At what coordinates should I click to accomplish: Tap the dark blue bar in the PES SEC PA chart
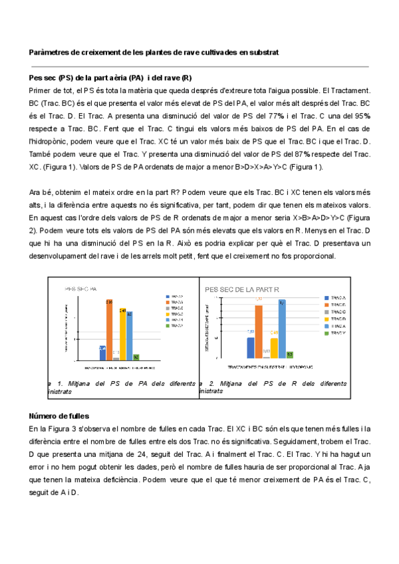[102, 352]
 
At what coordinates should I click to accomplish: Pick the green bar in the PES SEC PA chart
[136, 356]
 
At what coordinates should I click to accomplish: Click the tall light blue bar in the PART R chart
[282, 329]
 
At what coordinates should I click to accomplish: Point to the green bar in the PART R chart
[290, 354]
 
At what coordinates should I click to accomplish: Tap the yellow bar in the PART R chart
[274, 346]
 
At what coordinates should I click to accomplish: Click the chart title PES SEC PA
[81, 289]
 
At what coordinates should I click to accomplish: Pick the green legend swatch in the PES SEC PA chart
[168, 326]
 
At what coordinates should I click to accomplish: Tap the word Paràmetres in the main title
[50, 52]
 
